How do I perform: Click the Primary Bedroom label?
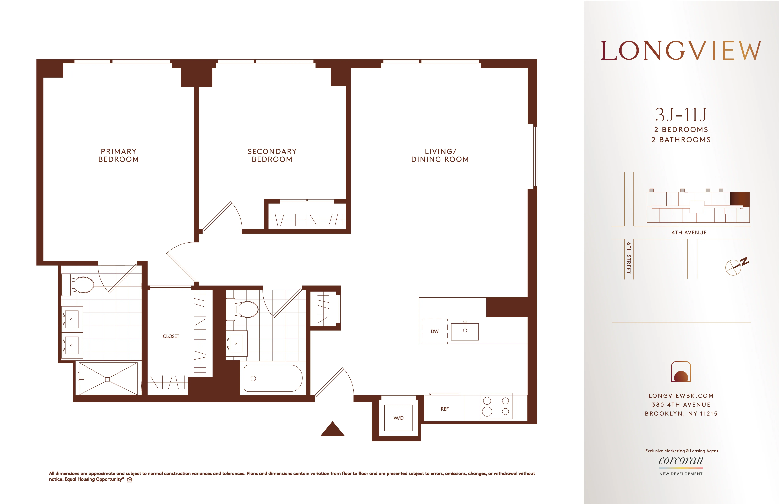point(119,155)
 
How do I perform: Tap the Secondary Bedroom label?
point(272,155)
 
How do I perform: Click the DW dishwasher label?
point(434,331)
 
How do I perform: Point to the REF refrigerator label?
point(445,409)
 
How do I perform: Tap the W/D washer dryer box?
point(398,418)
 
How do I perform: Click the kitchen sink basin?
point(465,331)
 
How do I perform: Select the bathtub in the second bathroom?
point(273,378)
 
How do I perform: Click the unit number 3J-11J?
point(681,115)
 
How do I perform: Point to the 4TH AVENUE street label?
point(689,232)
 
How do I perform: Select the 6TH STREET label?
point(628,258)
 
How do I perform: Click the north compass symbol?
point(735,267)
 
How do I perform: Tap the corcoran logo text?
point(681,460)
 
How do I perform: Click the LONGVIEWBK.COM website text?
point(681,396)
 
